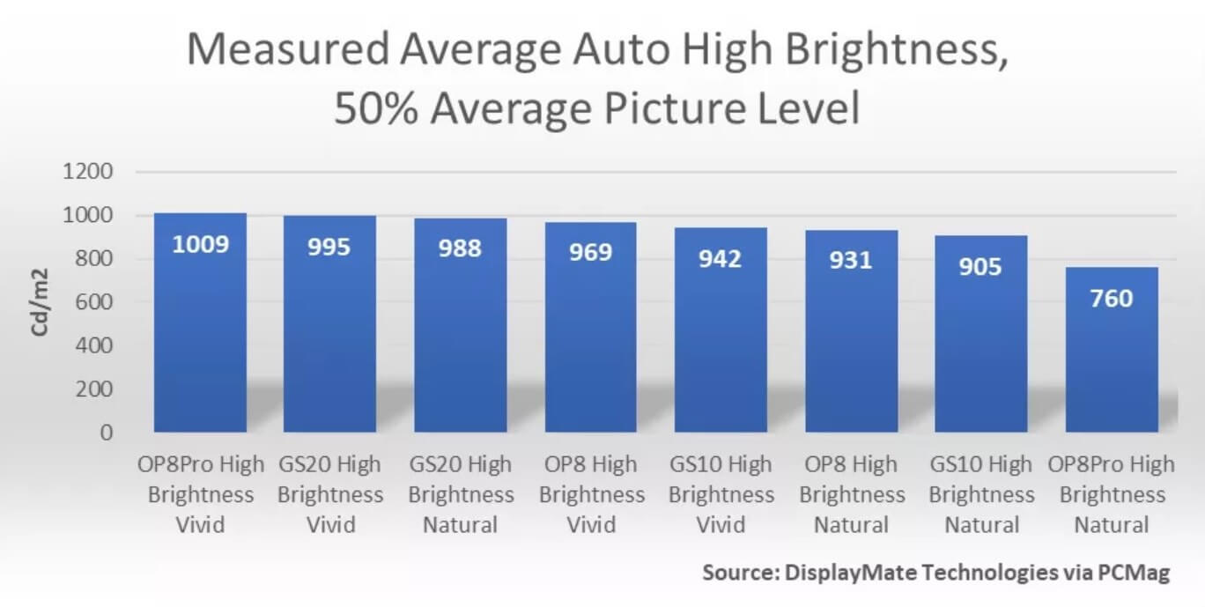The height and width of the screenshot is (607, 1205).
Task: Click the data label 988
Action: pyautogui.click(x=460, y=248)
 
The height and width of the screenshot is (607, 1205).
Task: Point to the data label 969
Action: pyautogui.click(x=590, y=253)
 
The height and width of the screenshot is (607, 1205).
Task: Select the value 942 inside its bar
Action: pyautogui.click(x=721, y=259)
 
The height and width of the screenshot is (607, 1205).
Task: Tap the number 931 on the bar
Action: pyautogui.click(x=851, y=261)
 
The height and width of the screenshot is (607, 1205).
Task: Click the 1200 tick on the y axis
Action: pyautogui.click(x=88, y=172)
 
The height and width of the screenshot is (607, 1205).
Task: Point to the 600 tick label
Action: pyautogui.click(x=94, y=302)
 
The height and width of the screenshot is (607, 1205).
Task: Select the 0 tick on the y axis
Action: pyautogui.click(x=107, y=433)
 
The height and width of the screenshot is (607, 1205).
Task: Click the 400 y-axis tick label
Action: pyautogui.click(x=94, y=345)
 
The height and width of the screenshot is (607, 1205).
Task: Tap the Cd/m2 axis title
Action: pyautogui.click(x=41, y=302)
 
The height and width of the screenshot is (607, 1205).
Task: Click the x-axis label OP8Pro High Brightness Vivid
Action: pyautogui.click(x=200, y=494)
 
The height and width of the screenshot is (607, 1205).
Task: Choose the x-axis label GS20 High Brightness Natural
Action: pyautogui.click(x=460, y=494)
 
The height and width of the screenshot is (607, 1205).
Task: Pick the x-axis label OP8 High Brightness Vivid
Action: pyautogui.click(x=590, y=494)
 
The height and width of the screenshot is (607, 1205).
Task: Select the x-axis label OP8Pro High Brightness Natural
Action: pyautogui.click(x=1112, y=494)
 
